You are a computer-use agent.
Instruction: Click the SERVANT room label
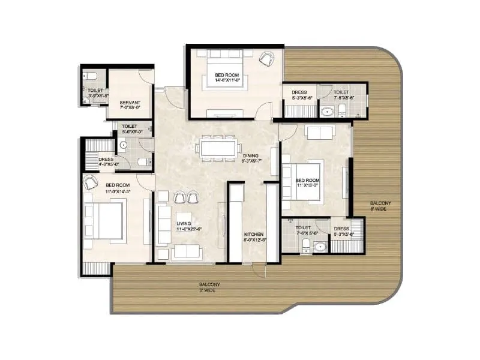click(x=130, y=102)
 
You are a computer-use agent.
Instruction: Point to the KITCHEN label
click(x=254, y=233)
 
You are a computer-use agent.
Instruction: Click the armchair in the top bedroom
click(x=266, y=58)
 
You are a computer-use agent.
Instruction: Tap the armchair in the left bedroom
click(x=91, y=184)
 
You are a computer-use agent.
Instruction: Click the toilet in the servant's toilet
click(x=89, y=76)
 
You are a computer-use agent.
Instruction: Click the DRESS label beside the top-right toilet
click(x=299, y=92)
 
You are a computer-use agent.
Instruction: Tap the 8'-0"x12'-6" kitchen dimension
click(x=254, y=239)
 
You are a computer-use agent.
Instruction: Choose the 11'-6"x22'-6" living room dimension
click(x=187, y=229)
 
